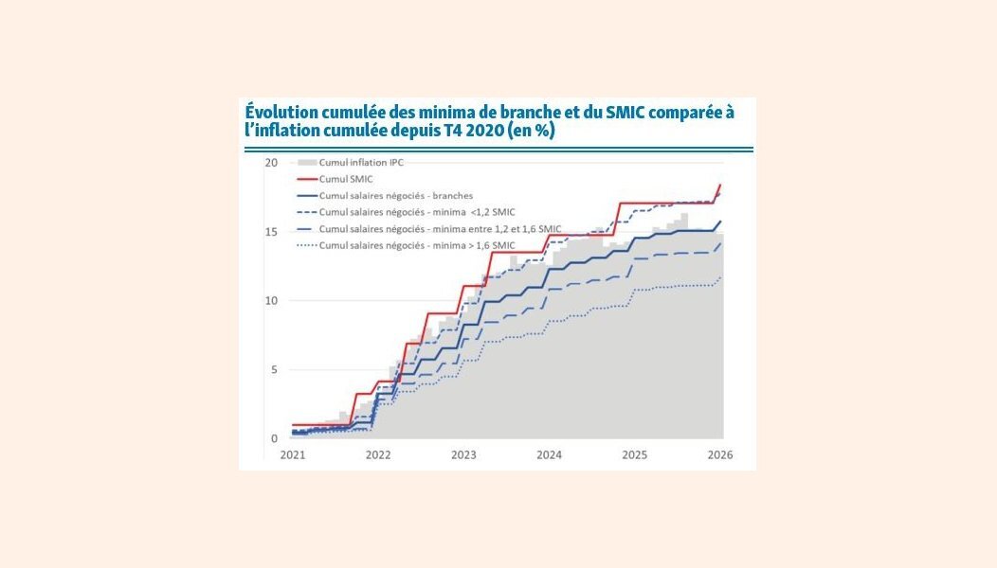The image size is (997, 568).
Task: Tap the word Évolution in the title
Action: pos(281,113)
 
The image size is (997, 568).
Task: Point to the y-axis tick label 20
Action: pos(271,163)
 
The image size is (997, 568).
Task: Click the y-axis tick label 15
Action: pos(271,232)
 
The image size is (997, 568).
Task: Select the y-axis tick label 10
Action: pos(271,301)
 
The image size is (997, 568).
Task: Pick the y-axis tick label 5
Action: pos(274,370)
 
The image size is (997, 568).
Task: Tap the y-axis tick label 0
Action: pos(274,439)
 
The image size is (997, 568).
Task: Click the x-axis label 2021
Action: pos(293,455)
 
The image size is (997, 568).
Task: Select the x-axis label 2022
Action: pos(378,455)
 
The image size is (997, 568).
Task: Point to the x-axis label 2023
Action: pos(463,455)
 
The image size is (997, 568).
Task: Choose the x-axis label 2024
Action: pos(549,455)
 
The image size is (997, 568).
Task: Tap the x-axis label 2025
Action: pos(634,455)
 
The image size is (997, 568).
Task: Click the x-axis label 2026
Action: pos(719,455)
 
